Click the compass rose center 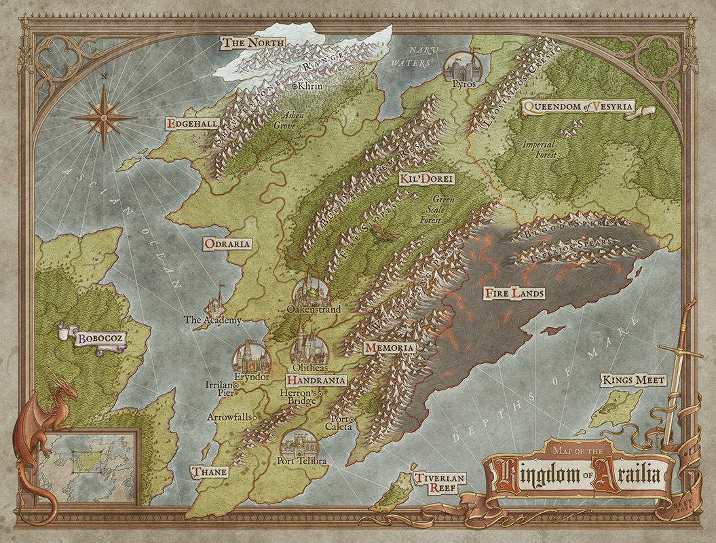point(104,117)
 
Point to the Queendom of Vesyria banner point(579,107)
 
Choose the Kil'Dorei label point(426,179)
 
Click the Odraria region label point(227,244)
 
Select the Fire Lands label point(514,294)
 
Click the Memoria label point(389,348)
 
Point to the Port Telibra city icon point(300,444)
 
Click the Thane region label point(209,472)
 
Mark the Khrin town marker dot point(293,87)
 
